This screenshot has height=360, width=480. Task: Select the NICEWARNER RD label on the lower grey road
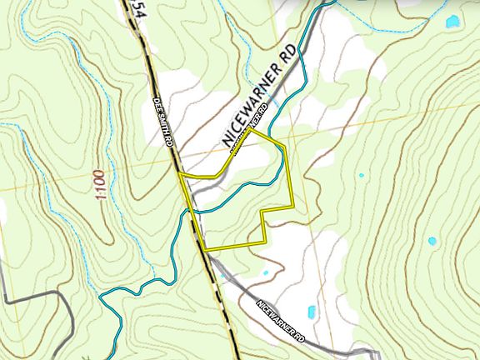pos(280,324)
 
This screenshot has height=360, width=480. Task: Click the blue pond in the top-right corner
pos(452,22)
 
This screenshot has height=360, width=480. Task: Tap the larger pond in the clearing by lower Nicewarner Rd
pos(312,312)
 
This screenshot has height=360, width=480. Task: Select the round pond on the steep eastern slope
pos(432,242)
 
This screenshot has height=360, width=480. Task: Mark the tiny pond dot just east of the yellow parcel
pos(360,176)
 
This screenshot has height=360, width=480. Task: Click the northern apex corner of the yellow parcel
pos(252,130)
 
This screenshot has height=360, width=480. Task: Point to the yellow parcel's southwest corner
pos(205,249)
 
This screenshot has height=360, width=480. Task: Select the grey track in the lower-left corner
pos(33,295)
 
